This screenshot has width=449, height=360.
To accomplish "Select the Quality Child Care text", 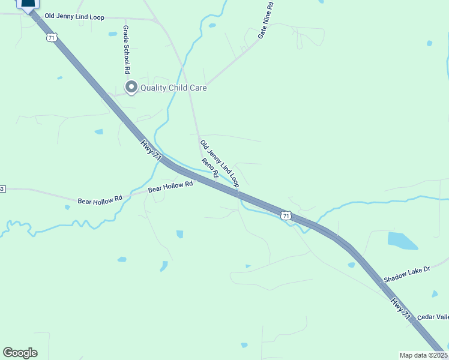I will click(173, 88).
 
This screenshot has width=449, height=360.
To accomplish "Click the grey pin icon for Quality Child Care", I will click(130, 88).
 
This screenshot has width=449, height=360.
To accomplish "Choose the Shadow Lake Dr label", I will click(407, 274).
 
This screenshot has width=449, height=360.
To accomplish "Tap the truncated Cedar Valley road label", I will click(433, 317).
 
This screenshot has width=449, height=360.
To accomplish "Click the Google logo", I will click(20, 353).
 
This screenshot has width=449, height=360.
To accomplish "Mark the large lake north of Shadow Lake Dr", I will click(402, 241).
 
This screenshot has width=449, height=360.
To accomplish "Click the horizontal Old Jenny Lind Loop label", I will click(75, 16).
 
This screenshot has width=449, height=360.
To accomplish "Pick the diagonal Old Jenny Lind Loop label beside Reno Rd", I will click(219, 163).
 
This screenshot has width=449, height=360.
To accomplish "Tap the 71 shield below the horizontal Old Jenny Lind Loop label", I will click(52, 37).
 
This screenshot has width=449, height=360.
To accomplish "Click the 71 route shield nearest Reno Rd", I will click(286, 215).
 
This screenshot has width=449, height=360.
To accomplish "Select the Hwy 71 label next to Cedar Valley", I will click(402, 307).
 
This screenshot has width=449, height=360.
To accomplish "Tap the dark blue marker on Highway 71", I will click(28, 4).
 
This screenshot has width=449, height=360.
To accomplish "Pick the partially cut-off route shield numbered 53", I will click(2, 189).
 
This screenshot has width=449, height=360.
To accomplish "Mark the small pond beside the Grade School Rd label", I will click(112, 34).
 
